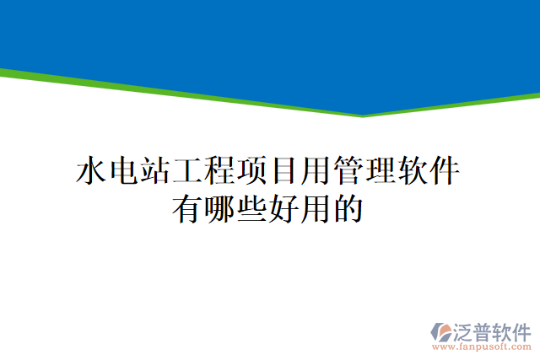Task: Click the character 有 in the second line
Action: [189, 207]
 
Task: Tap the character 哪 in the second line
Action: [221, 207]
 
